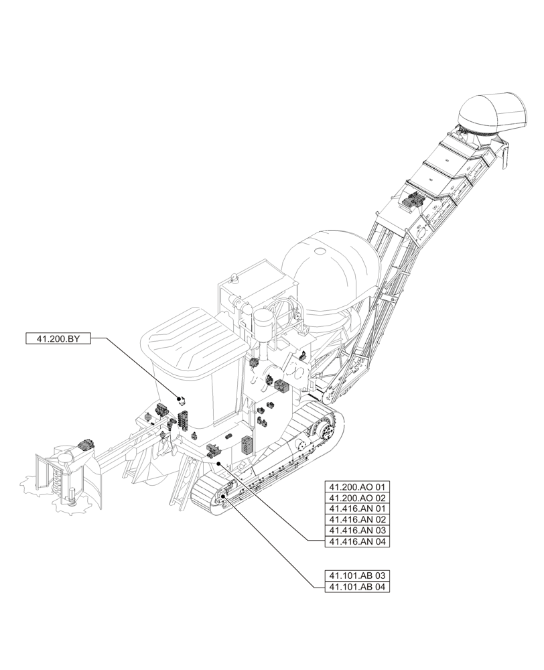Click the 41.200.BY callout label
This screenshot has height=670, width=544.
(57, 339)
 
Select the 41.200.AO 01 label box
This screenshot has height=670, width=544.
(357, 487)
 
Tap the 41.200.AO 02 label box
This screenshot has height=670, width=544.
(357, 498)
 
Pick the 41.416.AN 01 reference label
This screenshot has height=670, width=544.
(357, 509)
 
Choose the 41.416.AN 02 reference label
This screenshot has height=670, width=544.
(357, 519)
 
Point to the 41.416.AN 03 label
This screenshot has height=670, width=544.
(357, 530)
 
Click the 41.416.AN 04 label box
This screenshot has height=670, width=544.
(357, 541)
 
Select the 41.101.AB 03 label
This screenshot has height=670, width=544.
(357, 576)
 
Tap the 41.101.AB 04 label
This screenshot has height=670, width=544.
(357, 587)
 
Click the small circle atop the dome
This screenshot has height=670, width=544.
(321, 251)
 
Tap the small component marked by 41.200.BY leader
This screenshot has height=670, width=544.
(180, 400)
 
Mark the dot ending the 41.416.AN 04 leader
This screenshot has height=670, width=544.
(218, 463)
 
